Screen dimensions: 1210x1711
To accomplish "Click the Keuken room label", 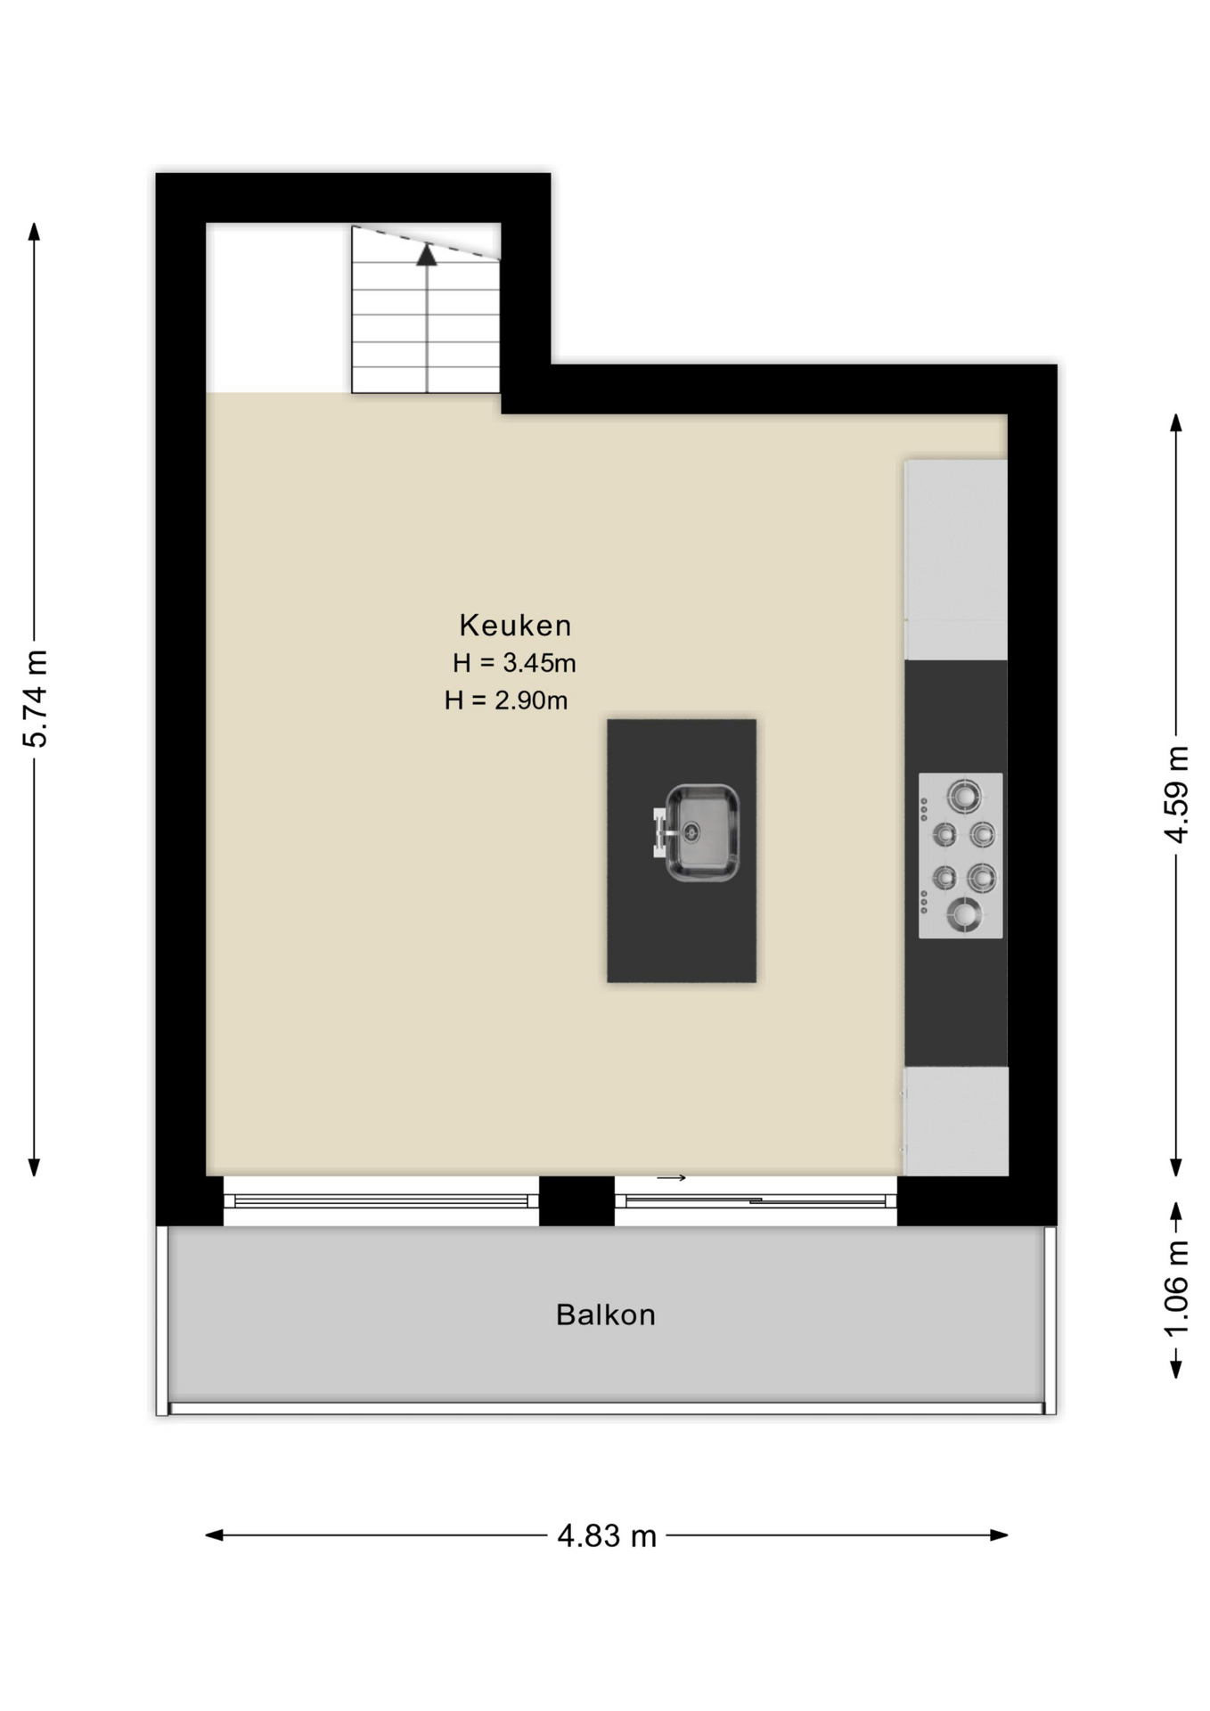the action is [x=515, y=626].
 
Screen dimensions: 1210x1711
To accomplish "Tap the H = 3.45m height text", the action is [x=514, y=663].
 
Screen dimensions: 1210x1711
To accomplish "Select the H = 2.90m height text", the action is [x=506, y=700].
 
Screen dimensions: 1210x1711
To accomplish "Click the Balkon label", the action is [x=605, y=1315].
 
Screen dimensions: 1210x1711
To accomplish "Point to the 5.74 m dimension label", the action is [x=36, y=698].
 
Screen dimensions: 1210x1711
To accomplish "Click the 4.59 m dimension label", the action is [x=1177, y=794].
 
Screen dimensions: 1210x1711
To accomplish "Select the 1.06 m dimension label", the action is [x=1177, y=1289].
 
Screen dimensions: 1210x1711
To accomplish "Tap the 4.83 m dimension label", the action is [x=607, y=1535].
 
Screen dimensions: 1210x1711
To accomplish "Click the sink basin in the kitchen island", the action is [x=703, y=833].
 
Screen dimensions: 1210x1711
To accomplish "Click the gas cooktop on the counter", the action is [x=961, y=855].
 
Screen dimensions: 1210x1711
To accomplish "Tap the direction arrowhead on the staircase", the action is [x=427, y=255].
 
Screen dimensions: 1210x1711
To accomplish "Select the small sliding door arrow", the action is [x=672, y=1178].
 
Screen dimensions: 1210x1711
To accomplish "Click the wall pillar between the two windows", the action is [x=576, y=1201].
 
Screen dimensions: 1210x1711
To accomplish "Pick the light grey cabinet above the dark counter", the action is [x=956, y=560].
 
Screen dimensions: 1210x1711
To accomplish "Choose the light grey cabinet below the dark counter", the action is [x=956, y=1121].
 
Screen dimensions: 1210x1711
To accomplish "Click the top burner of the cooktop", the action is [x=964, y=792].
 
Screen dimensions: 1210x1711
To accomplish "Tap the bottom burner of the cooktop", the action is [x=964, y=913].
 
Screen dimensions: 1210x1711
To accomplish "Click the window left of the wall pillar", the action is [x=381, y=1201].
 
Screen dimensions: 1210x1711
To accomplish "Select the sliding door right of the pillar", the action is [x=756, y=1201].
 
